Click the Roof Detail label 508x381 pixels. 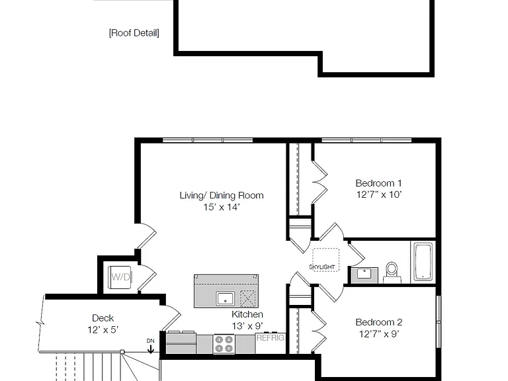[134, 33]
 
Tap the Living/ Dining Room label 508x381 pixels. [222, 195]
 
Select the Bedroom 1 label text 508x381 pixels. [379, 183]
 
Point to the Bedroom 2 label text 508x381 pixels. [379, 322]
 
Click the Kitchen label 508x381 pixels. [247, 314]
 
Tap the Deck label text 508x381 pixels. [103, 317]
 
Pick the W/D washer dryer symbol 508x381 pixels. [120, 277]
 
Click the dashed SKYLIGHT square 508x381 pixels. [325, 260]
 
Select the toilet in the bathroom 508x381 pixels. [392, 273]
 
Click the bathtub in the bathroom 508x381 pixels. [423, 262]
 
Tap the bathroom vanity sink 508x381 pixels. [364, 274]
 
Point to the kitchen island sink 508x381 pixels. [226, 298]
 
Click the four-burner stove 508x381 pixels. [224, 344]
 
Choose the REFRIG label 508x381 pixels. [270, 338]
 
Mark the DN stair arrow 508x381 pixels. [151, 346]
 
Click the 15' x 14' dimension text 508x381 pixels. [222, 207]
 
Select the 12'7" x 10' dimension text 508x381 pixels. [379, 194]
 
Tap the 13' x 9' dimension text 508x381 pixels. [247, 326]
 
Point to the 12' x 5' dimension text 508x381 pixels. [103, 330]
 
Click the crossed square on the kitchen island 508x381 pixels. [248, 298]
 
